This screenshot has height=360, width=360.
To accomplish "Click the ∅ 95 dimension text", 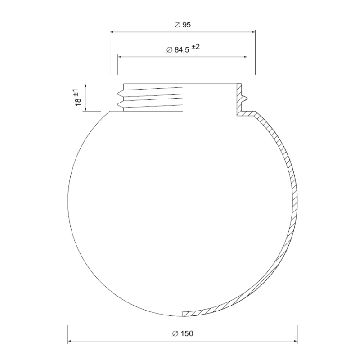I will point(183,25).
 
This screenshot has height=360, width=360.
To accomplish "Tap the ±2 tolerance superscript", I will point(195,47).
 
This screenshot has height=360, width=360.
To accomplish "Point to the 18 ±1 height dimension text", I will point(77,97).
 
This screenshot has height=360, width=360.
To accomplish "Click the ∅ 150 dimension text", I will point(182,333).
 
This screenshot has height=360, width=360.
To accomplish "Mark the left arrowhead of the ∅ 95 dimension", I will point(112,32).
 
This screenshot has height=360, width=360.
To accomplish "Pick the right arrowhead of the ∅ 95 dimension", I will point(253,32).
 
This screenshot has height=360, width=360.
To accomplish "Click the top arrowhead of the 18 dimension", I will point(84,86).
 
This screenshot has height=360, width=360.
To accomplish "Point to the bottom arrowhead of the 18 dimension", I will point(84,109).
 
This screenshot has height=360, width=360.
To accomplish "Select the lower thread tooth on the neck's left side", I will point(120,104).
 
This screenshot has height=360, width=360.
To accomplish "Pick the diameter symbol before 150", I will point(175,333).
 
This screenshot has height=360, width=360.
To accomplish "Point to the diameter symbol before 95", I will point(177,25).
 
